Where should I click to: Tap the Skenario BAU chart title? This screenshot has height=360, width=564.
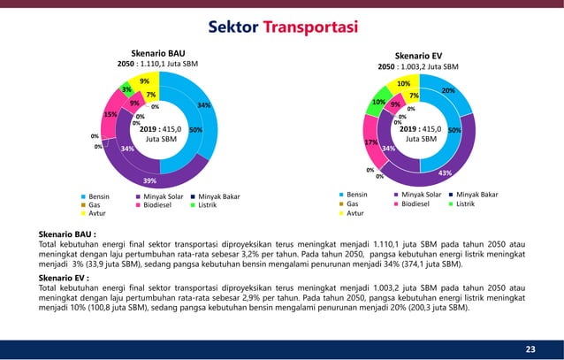(x=159, y=52)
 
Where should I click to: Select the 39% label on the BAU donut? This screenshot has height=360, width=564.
(x=162, y=180)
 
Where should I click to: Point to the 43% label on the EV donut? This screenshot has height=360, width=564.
(x=445, y=172)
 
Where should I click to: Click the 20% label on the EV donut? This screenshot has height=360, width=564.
(x=448, y=90)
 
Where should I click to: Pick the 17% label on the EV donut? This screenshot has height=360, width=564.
(x=371, y=142)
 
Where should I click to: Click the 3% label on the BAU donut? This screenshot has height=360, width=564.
(x=127, y=89)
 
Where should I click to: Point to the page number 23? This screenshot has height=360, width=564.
(x=530, y=349)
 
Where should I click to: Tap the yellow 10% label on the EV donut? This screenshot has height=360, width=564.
(x=404, y=84)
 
